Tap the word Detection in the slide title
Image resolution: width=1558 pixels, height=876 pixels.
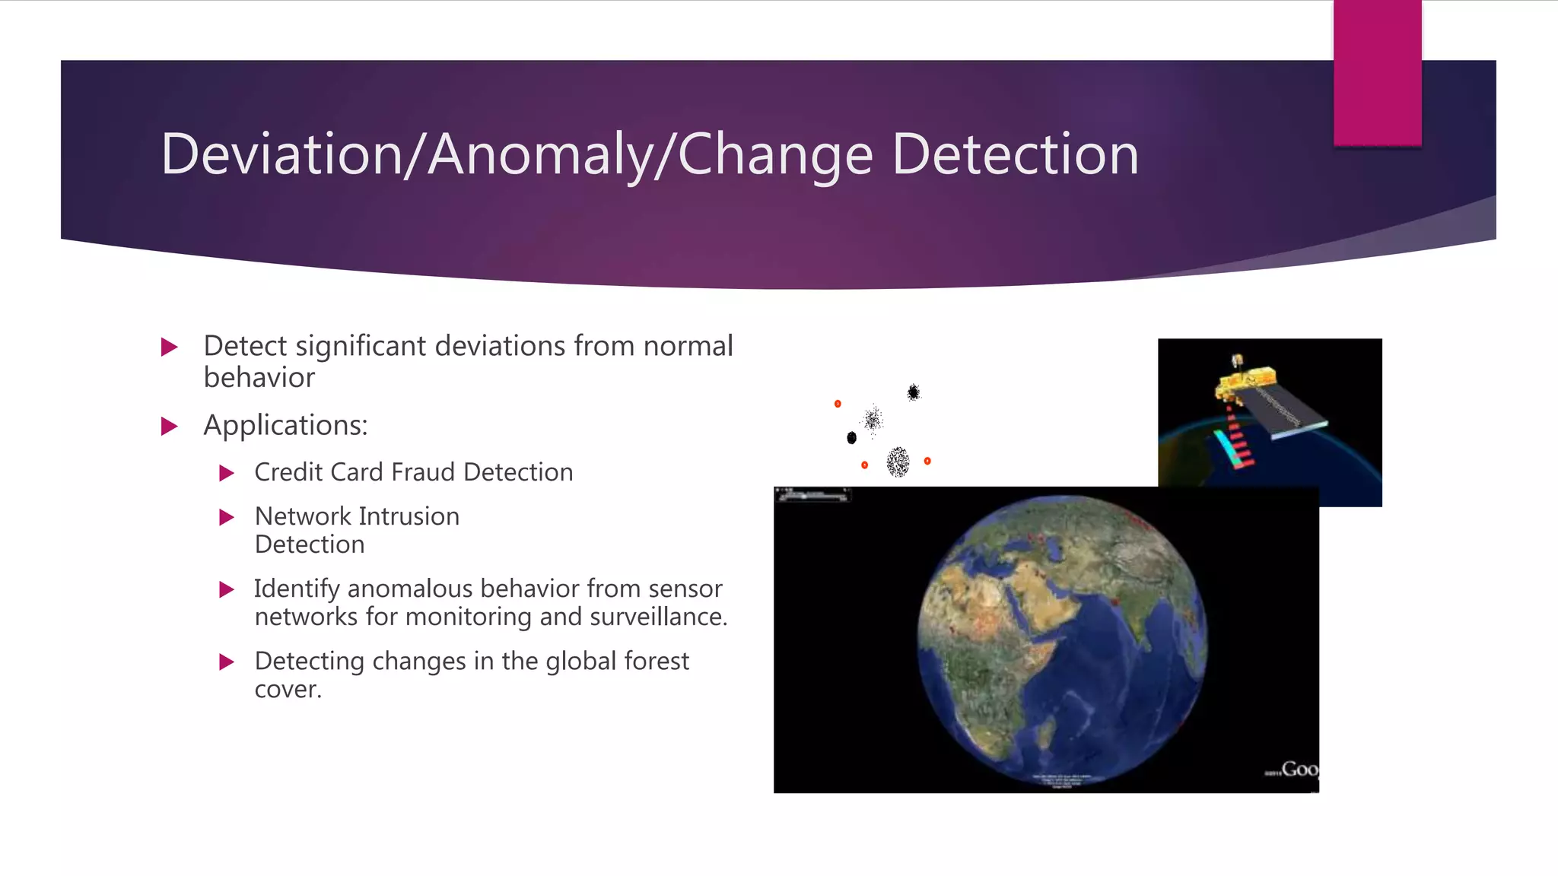pyautogui.click(x=1015, y=154)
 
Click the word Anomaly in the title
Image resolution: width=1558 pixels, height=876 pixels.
pyautogui.click(x=540, y=154)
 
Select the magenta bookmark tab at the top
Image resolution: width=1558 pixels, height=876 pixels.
pyautogui.click(x=1377, y=72)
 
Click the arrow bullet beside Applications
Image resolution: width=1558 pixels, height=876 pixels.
pyautogui.click(x=170, y=426)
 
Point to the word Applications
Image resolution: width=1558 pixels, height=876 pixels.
pyautogui.click(x=285, y=425)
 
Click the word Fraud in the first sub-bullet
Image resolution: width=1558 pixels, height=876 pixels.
pyautogui.click(x=423, y=472)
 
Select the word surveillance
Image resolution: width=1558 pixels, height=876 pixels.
pyautogui.click(x=658, y=617)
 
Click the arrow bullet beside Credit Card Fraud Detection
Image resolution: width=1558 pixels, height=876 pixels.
pyautogui.click(x=226, y=473)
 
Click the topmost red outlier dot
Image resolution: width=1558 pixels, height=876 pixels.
pyautogui.click(x=838, y=404)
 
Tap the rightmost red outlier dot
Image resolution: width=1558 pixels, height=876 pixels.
pyautogui.click(x=927, y=461)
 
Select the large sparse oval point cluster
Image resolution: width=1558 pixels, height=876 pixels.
pyautogui.click(x=898, y=462)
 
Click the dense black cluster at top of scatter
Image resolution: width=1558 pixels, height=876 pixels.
pyautogui.click(x=914, y=392)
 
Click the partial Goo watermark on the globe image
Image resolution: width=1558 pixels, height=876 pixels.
pyautogui.click(x=1299, y=770)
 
